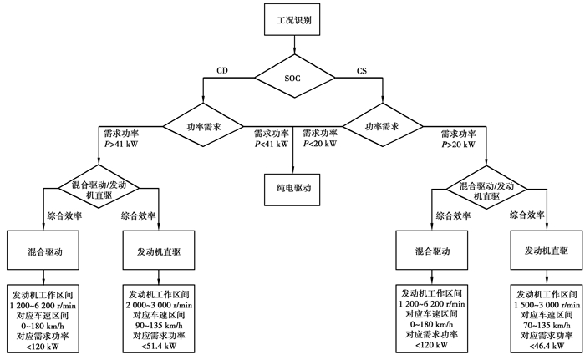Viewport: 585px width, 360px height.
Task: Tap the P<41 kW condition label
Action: coord(269,143)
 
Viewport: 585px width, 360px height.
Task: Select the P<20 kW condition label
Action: coord(318,143)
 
